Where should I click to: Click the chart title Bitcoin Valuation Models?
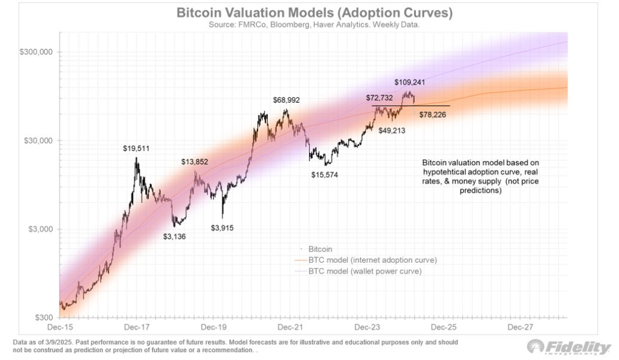point(314,13)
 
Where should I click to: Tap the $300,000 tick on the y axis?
point(36,52)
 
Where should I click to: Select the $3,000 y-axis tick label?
point(41,230)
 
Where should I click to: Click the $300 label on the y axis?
point(44,318)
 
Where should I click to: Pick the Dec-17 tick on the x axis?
point(136,327)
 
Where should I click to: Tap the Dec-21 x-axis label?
point(290,327)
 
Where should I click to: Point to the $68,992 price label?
point(286,100)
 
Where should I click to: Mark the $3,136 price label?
point(174,236)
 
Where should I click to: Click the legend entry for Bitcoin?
point(320,249)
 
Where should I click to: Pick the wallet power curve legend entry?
point(365,271)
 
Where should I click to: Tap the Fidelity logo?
point(569,347)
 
